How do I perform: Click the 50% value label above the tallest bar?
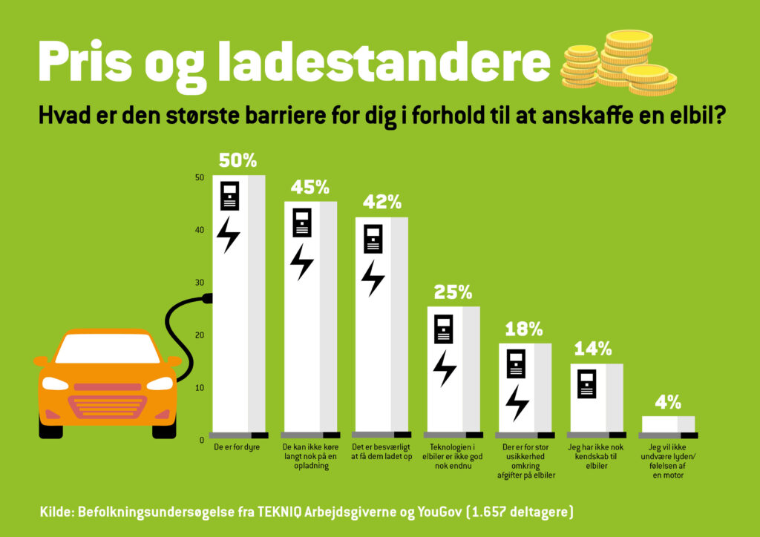coord(237,161)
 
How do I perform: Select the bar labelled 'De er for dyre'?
coord(238,304)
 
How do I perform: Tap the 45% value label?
coord(309,187)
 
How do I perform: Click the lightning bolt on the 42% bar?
coord(373,277)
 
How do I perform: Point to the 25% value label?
coord(453,292)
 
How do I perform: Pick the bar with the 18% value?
coord(524,386)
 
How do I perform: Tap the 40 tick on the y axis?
coord(199,230)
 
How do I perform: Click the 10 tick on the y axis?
coord(199,388)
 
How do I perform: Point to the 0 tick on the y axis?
coord(201,440)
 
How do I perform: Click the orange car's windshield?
coord(108,349)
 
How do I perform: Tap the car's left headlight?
coord(56,383)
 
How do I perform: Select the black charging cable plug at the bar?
coord(207,299)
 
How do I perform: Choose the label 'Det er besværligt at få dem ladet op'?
coord(381,452)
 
